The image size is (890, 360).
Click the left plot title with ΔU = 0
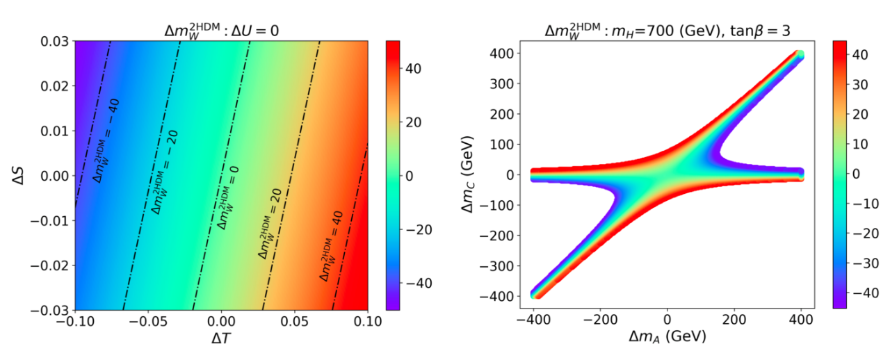coord(221,29)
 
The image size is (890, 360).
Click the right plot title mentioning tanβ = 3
coord(667,29)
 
